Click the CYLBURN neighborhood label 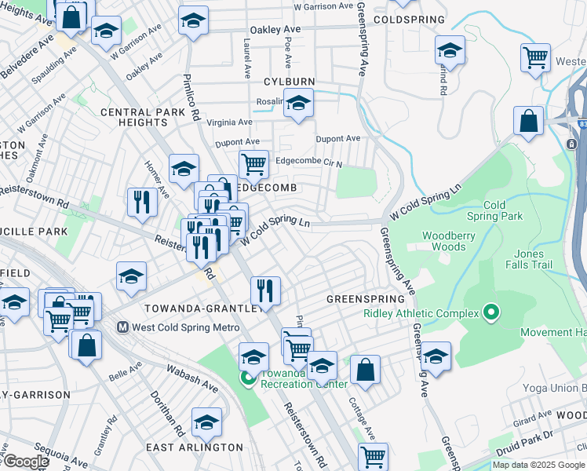tap(289, 82)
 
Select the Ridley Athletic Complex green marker tap(491, 314)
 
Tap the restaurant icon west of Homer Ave tap(142, 202)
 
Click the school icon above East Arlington tap(206, 423)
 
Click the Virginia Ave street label tap(229, 122)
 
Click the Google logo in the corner tap(25, 462)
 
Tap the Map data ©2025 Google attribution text tap(538, 465)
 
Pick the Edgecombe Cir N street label tap(309, 162)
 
